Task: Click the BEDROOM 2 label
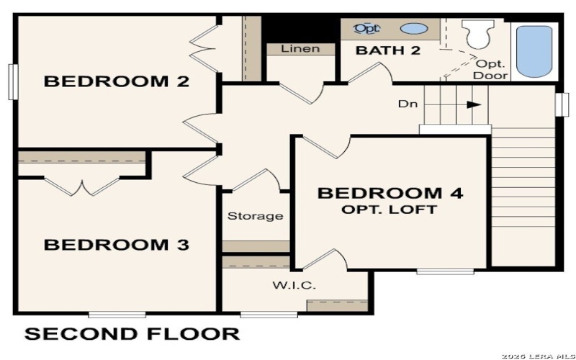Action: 117,81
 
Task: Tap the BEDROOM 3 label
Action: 117,245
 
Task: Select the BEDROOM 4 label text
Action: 390,193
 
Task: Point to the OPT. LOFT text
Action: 390,210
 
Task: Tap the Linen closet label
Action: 300,49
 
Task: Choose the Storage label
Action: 256,216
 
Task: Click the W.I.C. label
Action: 294,285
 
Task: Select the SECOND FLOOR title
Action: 132,334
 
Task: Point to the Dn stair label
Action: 407,104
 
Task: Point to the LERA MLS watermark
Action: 536,355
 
